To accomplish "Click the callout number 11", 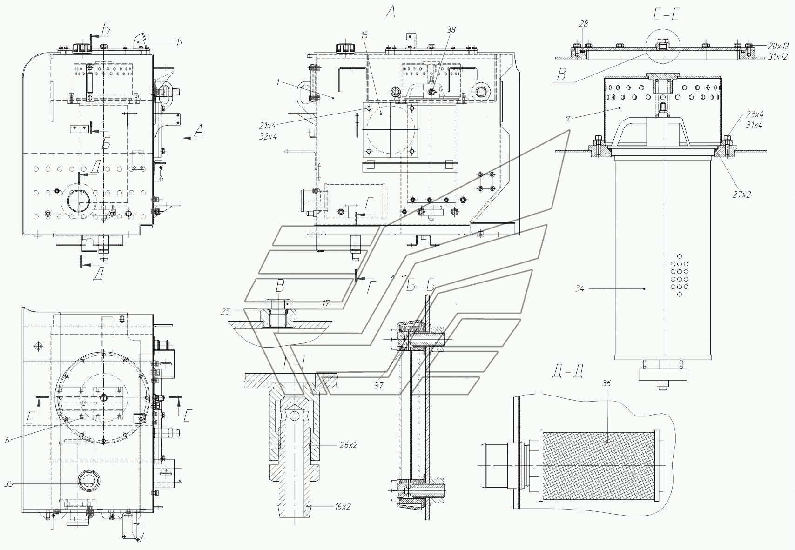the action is (x=180, y=42).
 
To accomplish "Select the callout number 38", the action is (x=451, y=30).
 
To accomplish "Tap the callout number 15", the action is (x=365, y=35).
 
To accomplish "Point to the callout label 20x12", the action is (x=778, y=46).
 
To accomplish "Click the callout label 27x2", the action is (x=742, y=195).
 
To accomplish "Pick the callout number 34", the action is (x=579, y=288).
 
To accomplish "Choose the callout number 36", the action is (x=606, y=383).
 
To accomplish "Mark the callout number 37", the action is (x=379, y=386).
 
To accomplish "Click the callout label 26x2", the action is (x=349, y=445).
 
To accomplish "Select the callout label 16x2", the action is (x=343, y=507).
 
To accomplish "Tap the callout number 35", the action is (x=9, y=484).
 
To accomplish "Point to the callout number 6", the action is (x=7, y=440).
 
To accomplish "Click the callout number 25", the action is (x=226, y=312).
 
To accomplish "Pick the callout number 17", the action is (x=325, y=304).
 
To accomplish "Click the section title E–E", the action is (x=666, y=15).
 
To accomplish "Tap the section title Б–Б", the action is (x=421, y=286).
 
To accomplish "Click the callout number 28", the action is (x=584, y=24).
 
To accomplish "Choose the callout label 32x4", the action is (x=268, y=137).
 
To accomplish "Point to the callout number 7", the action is (x=568, y=119).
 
